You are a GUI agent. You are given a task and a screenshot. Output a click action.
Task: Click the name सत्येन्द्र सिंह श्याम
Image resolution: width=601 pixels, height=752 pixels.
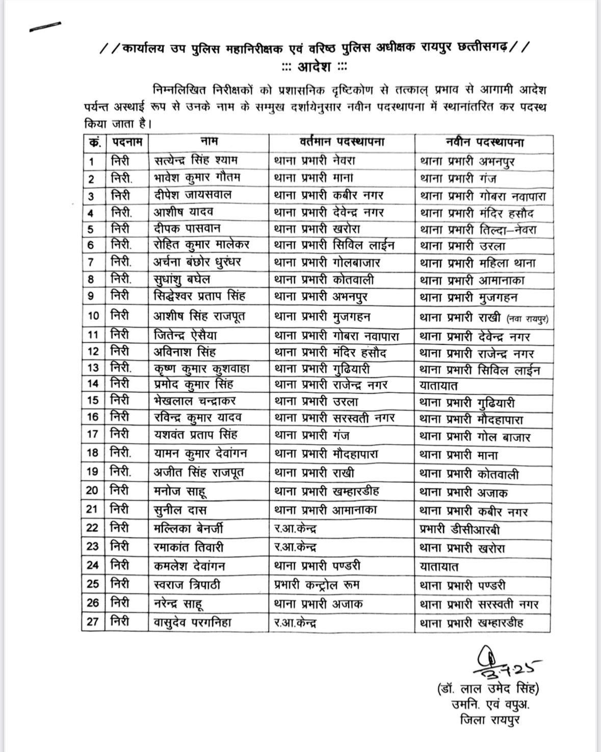196,160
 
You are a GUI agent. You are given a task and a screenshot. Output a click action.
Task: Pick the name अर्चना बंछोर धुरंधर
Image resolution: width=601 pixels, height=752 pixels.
198,262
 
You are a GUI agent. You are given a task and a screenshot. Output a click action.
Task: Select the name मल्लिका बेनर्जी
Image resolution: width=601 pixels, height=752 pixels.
189,529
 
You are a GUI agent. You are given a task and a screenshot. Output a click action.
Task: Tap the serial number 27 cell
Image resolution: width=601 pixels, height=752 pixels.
93,622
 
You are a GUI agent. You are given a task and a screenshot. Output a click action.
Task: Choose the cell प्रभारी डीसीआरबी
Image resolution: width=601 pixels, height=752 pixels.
459,530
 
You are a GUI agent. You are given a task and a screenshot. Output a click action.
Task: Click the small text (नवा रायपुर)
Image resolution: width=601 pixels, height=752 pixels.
527,319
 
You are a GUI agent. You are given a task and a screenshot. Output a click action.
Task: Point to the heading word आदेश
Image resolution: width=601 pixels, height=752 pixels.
315,67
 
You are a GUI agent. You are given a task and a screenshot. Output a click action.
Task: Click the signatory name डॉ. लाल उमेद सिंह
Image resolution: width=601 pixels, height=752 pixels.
488,689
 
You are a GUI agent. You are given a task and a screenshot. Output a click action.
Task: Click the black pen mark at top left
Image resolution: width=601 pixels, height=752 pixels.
45,25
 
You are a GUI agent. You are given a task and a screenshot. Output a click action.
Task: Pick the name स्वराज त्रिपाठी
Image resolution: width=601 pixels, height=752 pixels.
188,584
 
